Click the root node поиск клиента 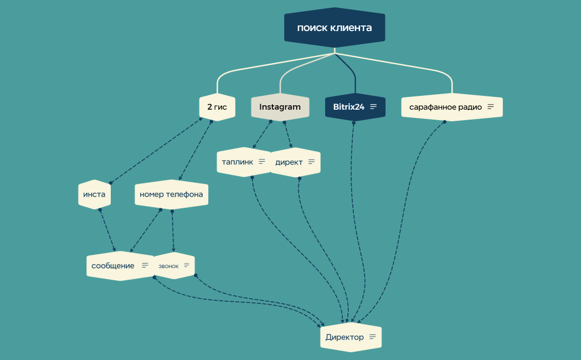pos(335,28)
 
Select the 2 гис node pos(217,107)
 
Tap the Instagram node pos(280,107)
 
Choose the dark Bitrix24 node pos(356,107)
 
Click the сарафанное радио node pos(452,107)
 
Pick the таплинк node pos(244,162)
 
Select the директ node pos(295,162)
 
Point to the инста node pos(95,194)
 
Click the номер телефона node pos(171,194)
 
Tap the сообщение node pos(120,265)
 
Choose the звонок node pos(174,265)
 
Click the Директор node pos(351,337)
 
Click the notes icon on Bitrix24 pos(373,107)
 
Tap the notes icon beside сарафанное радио pos(491,107)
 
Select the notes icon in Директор pos(372,337)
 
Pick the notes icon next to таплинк pos(262,162)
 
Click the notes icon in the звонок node pos(187,265)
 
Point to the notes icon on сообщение pos(145,265)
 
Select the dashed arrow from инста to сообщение pos(107,230)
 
